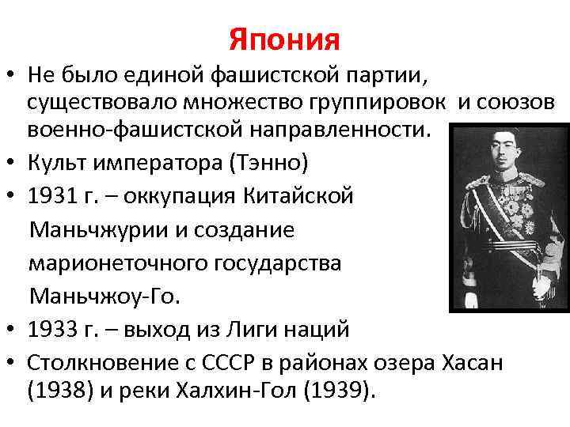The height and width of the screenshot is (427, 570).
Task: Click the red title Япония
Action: pyautogui.click(x=284, y=38)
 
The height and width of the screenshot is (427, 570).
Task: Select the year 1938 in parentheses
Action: pyautogui.click(x=55, y=391)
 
